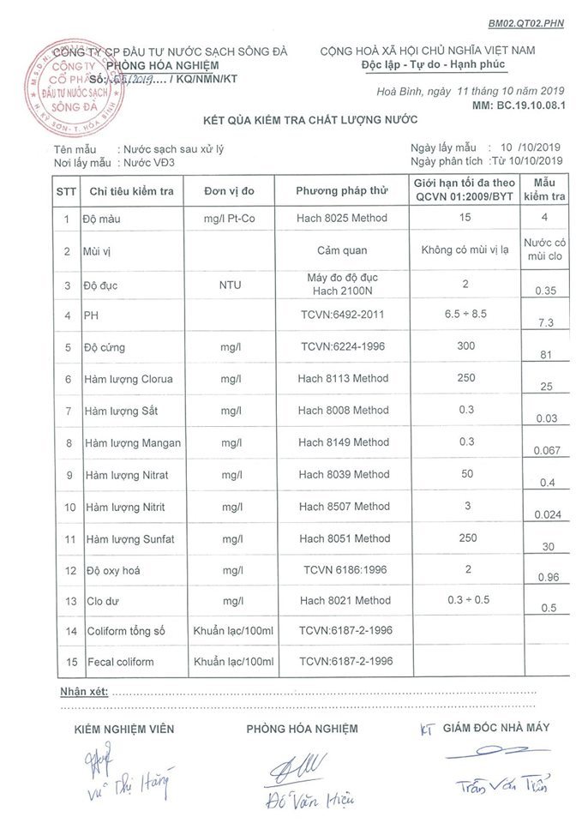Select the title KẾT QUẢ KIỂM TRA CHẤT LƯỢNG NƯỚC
pyautogui.click(x=303, y=119)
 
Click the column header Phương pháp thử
pyautogui.click(x=342, y=190)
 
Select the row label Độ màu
pyautogui.click(x=102, y=219)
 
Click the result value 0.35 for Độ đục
pyautogui.click(x=545, y=291)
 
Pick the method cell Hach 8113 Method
pyautogui.click(x=342, y=378)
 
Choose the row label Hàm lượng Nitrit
pyautogui.click(x=127, y=508)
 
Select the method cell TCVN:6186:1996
pyautogui.click(x=342, y=569)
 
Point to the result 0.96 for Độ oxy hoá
pyautogui.click(x=545, y=578)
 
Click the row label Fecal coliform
pyautogui.click(x=120, y=662)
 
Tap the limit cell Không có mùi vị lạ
pyautogui.click(x=465, y=250)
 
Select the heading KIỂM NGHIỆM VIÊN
pyautogui.click(x=124, y=729)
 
